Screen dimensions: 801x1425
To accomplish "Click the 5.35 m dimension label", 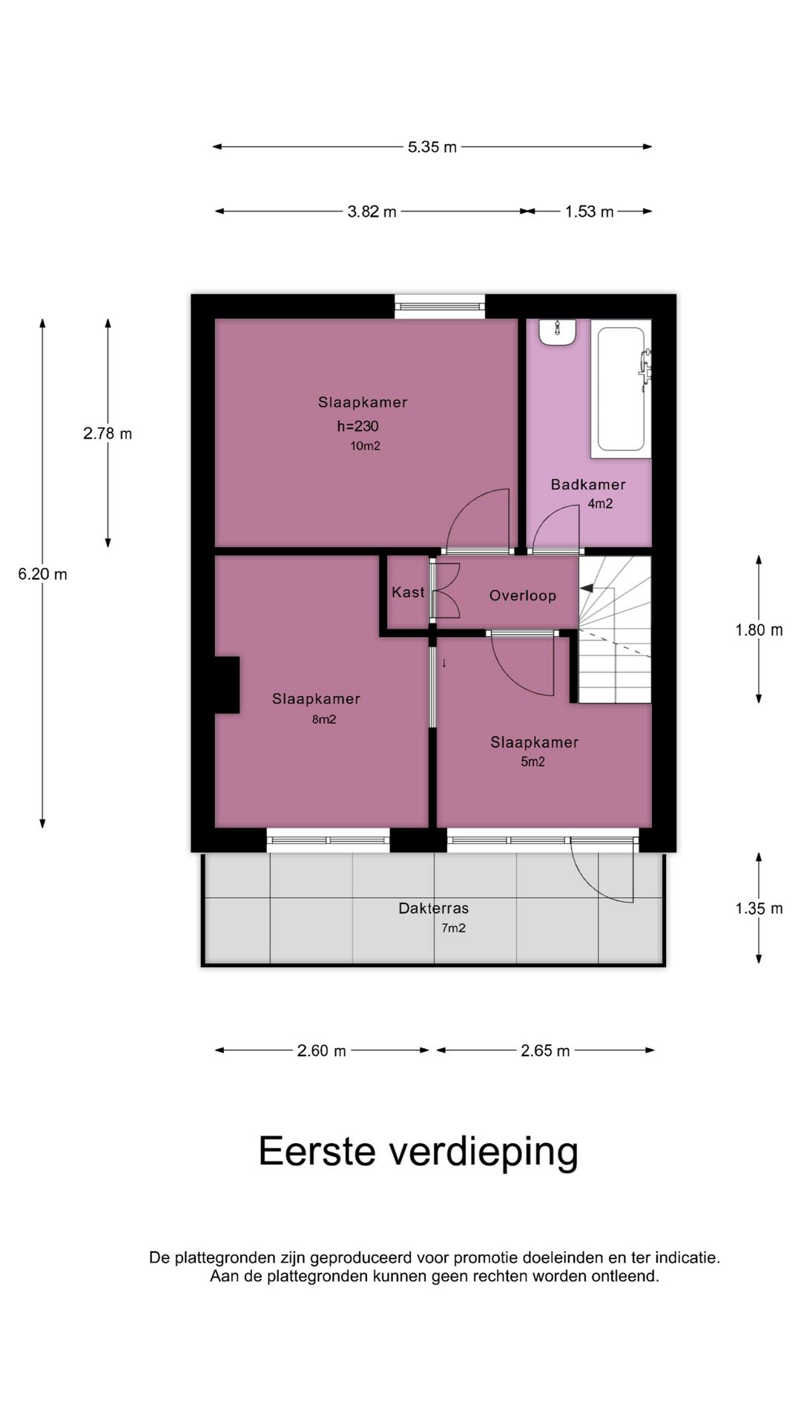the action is point(432,147).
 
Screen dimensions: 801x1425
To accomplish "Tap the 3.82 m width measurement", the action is point(372,212).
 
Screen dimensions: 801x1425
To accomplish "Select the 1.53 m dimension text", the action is point(590,212).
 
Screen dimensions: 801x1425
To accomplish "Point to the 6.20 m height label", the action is point(43,574).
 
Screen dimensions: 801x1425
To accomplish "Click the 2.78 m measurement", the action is point(108,433).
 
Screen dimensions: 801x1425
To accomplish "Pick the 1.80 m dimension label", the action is point(759,630).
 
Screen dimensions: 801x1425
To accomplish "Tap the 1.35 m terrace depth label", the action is point(759,908).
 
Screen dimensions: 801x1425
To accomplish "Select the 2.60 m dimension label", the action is point(322,1051).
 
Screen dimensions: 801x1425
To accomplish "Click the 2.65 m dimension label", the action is point(545,1051).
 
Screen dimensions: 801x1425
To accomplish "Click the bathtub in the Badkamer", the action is point(621,389).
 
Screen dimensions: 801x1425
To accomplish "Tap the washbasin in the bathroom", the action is point(558,332).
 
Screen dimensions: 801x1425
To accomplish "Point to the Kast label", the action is point(408,592).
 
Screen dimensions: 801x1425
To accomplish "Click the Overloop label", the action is point(523,595).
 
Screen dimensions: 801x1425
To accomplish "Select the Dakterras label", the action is point(434,908).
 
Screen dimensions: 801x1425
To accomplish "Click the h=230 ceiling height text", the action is point(358,426).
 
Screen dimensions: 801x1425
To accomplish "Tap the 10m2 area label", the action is point(366,446).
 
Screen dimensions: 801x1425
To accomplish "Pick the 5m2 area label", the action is point(533,761).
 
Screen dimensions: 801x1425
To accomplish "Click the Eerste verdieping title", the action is point(418,1153).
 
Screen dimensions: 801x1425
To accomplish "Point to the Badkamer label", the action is point(588,485).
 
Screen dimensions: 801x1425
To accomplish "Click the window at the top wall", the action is point(440,306).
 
